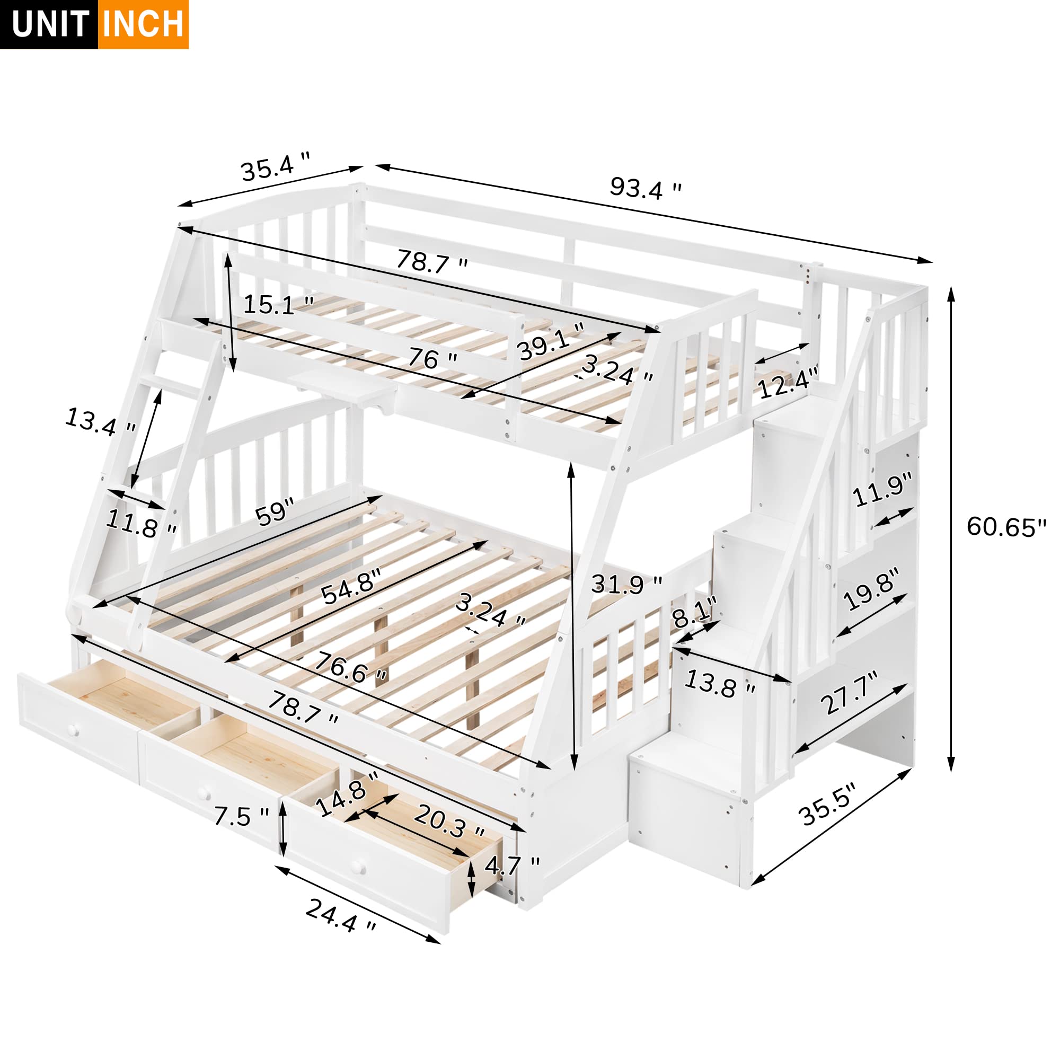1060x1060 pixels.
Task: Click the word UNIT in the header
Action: (49, 25)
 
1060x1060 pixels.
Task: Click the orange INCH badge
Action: (143, 25)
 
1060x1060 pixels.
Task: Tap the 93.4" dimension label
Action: (645, 189)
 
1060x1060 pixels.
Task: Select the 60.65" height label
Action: (1006, 527)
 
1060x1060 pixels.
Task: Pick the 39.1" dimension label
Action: (550, 341)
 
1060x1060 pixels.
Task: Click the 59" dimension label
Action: (275, 513)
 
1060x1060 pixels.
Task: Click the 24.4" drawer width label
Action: (341, 916)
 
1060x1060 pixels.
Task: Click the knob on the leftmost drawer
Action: (74, 730)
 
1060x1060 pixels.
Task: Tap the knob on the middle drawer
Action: (204, 793)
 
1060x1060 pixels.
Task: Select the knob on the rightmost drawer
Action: (359, 868)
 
